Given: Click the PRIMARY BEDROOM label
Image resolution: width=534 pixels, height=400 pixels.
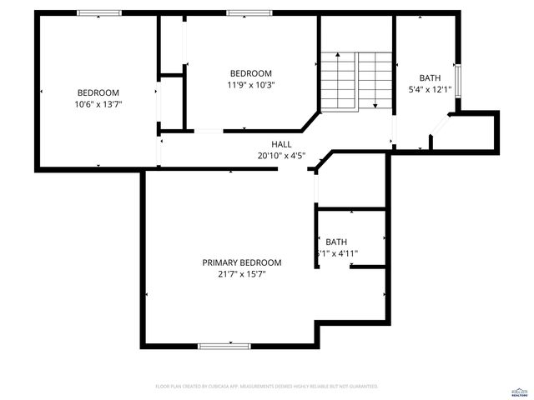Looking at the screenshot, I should (x=241, y=262).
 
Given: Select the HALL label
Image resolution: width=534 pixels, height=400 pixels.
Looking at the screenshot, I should (x=281, y=144).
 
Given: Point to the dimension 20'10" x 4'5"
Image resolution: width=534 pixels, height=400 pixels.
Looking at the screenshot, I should (x=281, y=155).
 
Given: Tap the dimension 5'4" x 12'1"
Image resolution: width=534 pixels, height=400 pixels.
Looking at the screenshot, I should (x=430, y=89).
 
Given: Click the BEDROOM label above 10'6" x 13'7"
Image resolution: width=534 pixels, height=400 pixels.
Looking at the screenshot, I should (x=98, y=92).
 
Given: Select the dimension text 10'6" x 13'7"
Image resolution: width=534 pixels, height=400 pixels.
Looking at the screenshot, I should (x=98, y=104).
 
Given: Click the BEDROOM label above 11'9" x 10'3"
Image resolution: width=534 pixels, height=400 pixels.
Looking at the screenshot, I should (x=250, y=73).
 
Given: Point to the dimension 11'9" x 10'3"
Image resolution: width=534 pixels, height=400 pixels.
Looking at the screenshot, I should (x=250, y=84).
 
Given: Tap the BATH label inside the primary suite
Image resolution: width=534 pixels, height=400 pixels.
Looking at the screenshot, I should (x=336, y=242).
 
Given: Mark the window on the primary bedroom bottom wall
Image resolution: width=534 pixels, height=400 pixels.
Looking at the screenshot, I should (x=223, y=345).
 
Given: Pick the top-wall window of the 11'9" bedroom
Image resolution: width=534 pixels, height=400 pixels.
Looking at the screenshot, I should (x=245, y=12).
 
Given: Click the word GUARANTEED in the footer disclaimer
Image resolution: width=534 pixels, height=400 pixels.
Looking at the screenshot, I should (x=361, y=387).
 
